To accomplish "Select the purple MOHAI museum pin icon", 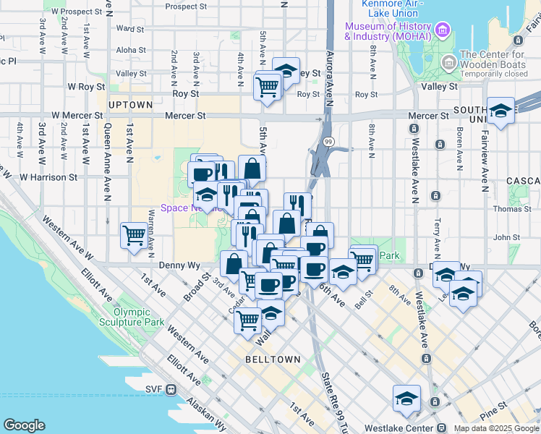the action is click(443, 30).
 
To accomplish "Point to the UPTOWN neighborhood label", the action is click(131, 105).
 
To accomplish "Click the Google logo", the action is click(24, 425).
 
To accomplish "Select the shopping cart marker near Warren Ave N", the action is click(135, 234).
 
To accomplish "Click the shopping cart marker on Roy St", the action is click(268, 87).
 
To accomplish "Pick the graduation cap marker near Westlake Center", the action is click(406, 399).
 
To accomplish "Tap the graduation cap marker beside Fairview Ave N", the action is click(500, 111).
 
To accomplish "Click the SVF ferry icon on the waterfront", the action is click(171, 390).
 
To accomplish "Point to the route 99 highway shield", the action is click(328, 141).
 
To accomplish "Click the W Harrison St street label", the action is click(48, 176).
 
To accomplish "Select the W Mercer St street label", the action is click(76, 115).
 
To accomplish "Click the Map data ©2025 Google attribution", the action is click(495, 428).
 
